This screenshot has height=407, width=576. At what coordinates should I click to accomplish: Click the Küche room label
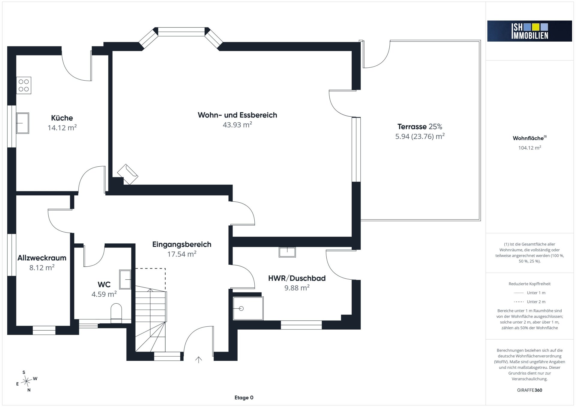[x=62, y=118]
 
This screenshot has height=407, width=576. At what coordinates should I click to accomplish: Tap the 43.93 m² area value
[x=237, y=125]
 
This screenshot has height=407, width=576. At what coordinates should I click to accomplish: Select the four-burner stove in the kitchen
[x=24, y=85]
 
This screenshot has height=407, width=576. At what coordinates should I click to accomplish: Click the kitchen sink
[x=22, y=123]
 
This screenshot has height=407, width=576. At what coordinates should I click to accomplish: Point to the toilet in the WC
[x=116, y=313]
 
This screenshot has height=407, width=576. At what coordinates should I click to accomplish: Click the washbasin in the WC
[x=125, y=279]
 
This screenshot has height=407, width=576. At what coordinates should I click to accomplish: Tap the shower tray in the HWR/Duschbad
[x=248, y=308]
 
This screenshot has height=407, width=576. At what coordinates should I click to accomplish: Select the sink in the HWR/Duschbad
[x=287, y=252]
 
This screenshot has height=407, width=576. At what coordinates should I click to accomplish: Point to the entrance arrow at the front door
[x=199, y=360]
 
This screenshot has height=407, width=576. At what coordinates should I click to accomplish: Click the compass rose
[x=27, y=381]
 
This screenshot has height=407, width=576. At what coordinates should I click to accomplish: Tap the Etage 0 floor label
[x=244, y=398]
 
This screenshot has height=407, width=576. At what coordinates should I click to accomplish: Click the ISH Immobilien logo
[x=529, y=31]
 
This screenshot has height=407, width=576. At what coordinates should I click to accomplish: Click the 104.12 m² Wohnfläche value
[x=530, y=148]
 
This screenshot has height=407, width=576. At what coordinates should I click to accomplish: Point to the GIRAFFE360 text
[x=530, y=390]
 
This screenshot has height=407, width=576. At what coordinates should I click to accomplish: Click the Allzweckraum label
[x=42, y=258]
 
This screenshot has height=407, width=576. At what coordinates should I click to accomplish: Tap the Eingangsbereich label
[x=182, y=245]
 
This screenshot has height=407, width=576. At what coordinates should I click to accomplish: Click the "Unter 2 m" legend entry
[x=529, y=302]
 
